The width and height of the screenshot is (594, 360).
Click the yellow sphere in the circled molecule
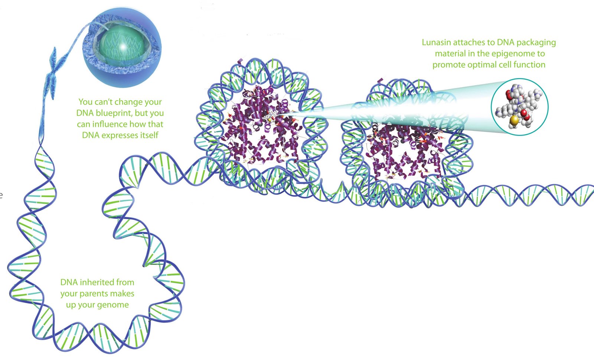[x=514, y=120]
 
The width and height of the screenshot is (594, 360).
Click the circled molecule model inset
[x=519, y=107]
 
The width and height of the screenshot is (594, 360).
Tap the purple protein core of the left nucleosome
[x=262, y=125]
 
